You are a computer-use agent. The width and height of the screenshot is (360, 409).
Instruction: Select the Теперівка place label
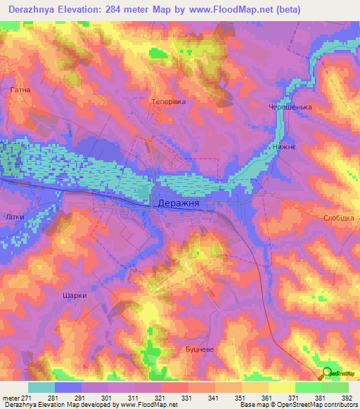point(169,102)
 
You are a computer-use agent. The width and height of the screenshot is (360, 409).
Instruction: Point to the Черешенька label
point(290,108)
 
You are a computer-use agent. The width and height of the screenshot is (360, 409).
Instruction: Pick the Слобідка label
point(340,218)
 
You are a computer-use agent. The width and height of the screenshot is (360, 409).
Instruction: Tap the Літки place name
point(15,216)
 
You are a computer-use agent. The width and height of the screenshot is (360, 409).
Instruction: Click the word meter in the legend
point(10,398)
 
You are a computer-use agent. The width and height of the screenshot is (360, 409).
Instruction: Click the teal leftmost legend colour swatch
point(41,387)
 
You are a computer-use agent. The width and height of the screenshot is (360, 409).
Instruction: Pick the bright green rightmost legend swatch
point(335,387)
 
